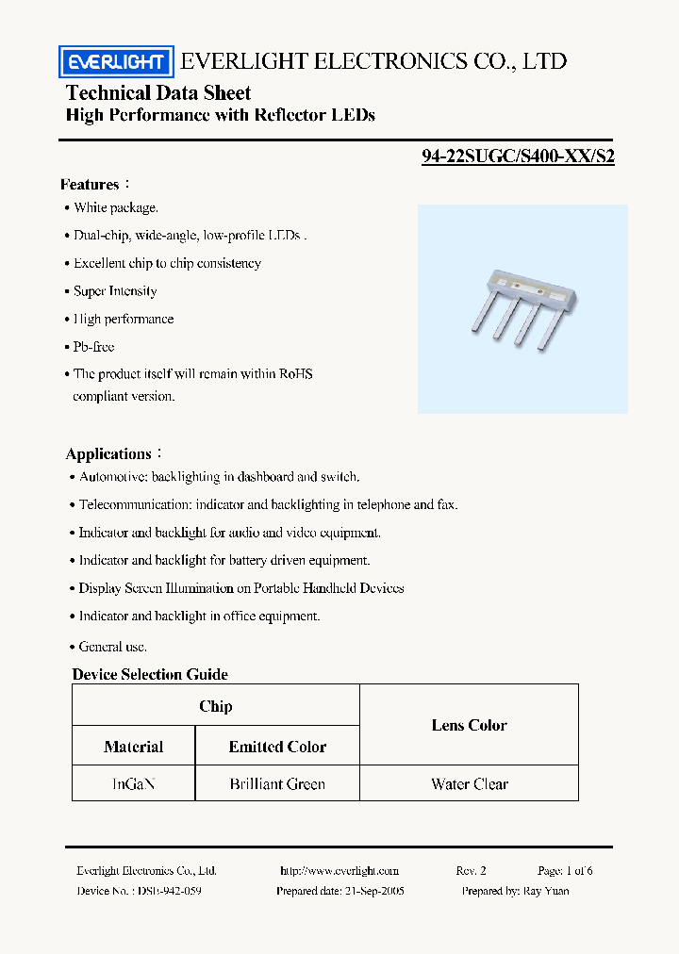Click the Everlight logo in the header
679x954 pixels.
pyautogui.click(x=116, y=62)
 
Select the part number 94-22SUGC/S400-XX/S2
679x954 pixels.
pyautogui.click(x=518, y=157)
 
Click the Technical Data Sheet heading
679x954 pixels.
pyautogui.click(x=158, y=92)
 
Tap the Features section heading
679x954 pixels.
pyautogui.click(x=91, y=185)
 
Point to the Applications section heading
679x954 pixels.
pyautogui.click(x=109, y=454)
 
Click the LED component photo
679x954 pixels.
pyautogui.click(x=522, y=308)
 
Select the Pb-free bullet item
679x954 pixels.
pyautogui.click(x=93, y=347)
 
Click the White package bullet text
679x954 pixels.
pyautogui.click(x=116, y=207)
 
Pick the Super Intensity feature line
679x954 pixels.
pyautogui.click(x=115, y=291)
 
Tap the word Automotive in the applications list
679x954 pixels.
pyautogui.click(x=111, y=477)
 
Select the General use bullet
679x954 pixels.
pyautogui.click(x=112, y=647)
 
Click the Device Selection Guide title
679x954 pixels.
pyautogui.click(x=150, y=674)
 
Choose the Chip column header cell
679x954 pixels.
pyautogui.click(x=216, y=706)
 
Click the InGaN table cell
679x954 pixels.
pyautogui.click(x=133, y=783)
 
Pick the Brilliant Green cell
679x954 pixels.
pyautogui.click(x=277, y=783)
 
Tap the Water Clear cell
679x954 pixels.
pyautogui.click(x=469, y=783)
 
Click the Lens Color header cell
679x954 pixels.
pyautogui.click(x=469, y=725)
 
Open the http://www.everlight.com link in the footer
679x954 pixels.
pyautogui.click(x=339, y=871)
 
